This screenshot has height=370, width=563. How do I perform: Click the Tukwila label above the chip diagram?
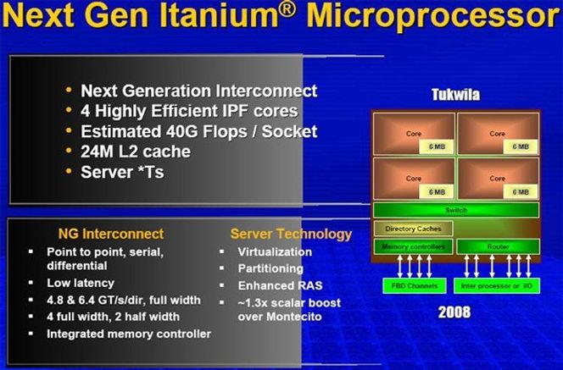(455, 95)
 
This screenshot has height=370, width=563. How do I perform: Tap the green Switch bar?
(456, 210)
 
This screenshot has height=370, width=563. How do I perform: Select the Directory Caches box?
(413, 229)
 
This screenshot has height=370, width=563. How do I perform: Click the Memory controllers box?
(413, 246)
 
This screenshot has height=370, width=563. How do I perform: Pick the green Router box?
(498, 246)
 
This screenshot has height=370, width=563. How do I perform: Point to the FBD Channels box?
(415, 285)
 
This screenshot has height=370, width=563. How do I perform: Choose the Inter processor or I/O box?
(497, 285)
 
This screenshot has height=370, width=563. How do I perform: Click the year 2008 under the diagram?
(454, 312)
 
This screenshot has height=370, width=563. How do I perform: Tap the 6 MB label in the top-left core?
(437, 146)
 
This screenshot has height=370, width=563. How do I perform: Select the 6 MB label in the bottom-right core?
(521, 192)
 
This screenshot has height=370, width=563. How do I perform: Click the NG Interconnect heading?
(111, 234)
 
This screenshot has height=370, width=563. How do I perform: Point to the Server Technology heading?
(291, 235)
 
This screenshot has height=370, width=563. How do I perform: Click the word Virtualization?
(275, 251)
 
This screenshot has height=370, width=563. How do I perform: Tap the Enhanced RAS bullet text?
(280, 285)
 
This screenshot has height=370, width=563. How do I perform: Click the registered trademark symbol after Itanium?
(287, 9)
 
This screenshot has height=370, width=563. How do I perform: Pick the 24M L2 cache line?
(136, 152)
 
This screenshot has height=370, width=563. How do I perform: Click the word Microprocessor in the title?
(434, 16)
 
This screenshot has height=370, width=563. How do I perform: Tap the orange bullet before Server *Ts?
(69, 171)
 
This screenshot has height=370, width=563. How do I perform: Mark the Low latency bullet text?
(81, 283)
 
